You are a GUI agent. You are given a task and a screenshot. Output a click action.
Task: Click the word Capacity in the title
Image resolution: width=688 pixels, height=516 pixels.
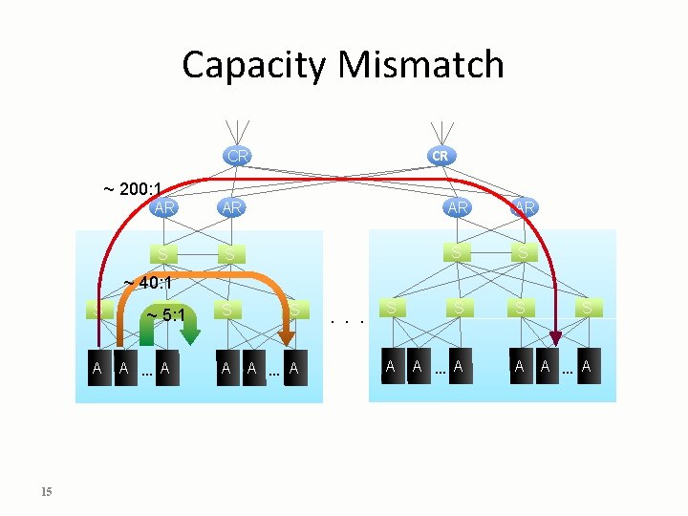(253, 66)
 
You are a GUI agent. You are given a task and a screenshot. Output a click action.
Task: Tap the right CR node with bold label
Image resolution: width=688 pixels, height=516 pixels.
(439, 155)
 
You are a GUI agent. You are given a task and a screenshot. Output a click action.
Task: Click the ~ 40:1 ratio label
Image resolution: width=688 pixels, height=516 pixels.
(148, 283)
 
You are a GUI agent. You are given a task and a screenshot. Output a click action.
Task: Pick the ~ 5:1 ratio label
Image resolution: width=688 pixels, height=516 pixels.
(164, 315)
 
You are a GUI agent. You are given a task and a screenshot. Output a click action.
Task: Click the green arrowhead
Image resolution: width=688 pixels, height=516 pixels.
(190, 333)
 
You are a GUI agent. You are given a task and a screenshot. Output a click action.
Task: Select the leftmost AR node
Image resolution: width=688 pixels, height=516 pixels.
(164, 206)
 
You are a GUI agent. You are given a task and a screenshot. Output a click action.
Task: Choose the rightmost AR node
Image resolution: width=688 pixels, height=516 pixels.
(524, 206)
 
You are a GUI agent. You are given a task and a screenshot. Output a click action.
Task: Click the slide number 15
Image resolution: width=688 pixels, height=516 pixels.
(47, 491)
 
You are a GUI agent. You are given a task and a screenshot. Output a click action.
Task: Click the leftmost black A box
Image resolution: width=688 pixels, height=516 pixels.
(97, 368)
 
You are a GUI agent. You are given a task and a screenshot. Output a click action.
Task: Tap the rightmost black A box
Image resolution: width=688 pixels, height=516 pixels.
(586, 367)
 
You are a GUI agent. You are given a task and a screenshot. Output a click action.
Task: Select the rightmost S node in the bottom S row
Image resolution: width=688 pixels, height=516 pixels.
(587, 309)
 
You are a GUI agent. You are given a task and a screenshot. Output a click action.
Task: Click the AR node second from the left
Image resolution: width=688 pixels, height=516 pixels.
(230, 206)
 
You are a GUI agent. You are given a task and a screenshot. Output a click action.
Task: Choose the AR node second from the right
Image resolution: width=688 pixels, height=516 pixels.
(458, 206)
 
